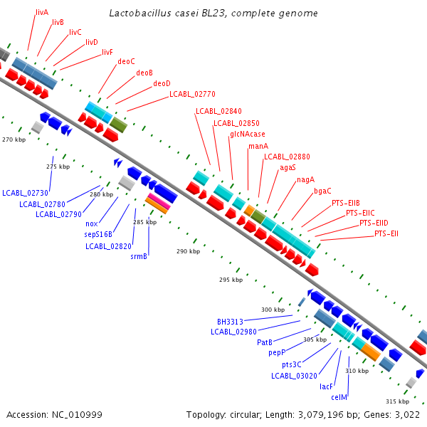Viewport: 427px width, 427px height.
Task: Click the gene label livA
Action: point(42,13)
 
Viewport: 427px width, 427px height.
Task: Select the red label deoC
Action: point(126,61)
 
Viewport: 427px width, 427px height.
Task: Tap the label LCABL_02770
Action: point(192,94)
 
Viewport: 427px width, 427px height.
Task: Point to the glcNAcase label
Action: point(247,135)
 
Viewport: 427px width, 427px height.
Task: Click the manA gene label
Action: point(258,146)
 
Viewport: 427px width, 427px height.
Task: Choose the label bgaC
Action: point(322,191)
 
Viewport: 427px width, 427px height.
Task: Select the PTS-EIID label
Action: point(374,223)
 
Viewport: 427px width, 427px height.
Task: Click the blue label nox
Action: point(92,224)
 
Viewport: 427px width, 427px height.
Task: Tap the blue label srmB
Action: point(139,256)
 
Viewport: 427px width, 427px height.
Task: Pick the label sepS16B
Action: point(98,234)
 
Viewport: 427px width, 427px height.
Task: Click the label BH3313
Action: point(230,322)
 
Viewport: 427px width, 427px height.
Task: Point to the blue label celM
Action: point(339,397)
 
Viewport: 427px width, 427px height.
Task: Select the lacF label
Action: point(326,386)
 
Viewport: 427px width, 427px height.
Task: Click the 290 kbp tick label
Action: point(188,251)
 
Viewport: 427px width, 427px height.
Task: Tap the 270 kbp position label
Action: point(14,139)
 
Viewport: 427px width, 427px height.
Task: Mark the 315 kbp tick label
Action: point(397,401)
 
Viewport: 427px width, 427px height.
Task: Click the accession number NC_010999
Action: point(77,415)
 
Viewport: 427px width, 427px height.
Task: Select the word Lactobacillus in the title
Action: point(140,13)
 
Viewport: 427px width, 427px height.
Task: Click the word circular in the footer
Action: point(246,415)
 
